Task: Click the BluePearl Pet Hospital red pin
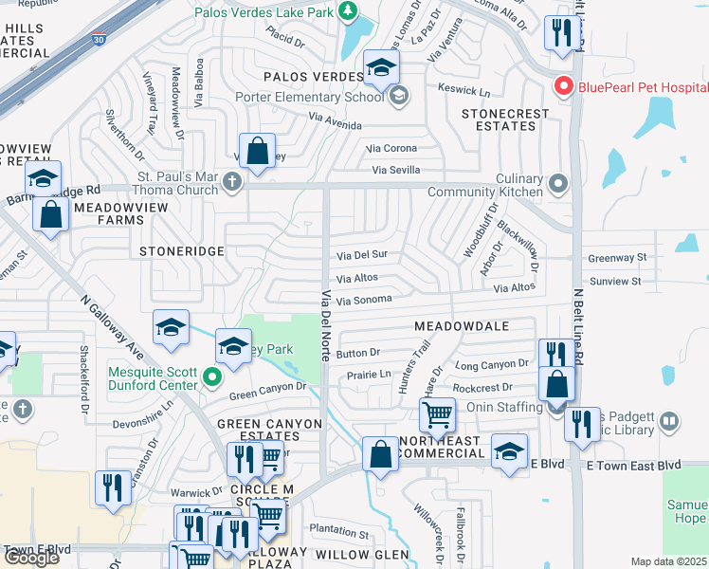pyautogui.click(x=564, y=87)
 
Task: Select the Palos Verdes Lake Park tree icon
pyautogui.click(x=349, y=11)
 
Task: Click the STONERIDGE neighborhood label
pyautogui.click(x=181, y=251)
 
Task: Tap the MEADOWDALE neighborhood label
pyautogui.click(x=462, y=326)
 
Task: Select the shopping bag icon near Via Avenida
pyautogui.click(x=257, y=149)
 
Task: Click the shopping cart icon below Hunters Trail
pyautogui.click(x=437, y=413)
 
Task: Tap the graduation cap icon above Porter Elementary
pyautogui.click(x=381, y=67)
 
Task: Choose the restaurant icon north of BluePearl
pyautogui.click(x=563, y=33)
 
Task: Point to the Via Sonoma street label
pyautogui.click(x=364, y=300)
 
